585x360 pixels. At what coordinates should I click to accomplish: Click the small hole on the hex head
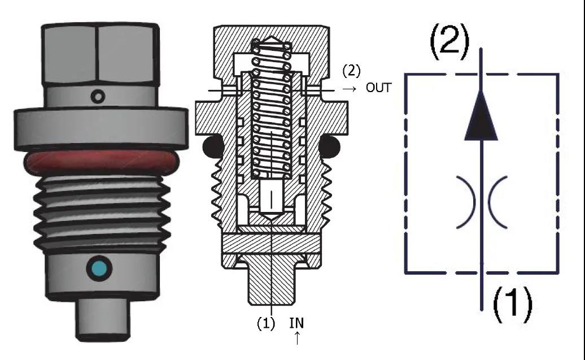click(99, 96)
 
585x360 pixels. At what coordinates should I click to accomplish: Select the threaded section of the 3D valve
click(101, 209)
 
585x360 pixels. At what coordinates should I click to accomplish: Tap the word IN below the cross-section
click(296, 323)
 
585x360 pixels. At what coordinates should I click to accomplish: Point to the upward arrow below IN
click(297, 339)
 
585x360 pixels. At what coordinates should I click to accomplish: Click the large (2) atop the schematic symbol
click(450, 42)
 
